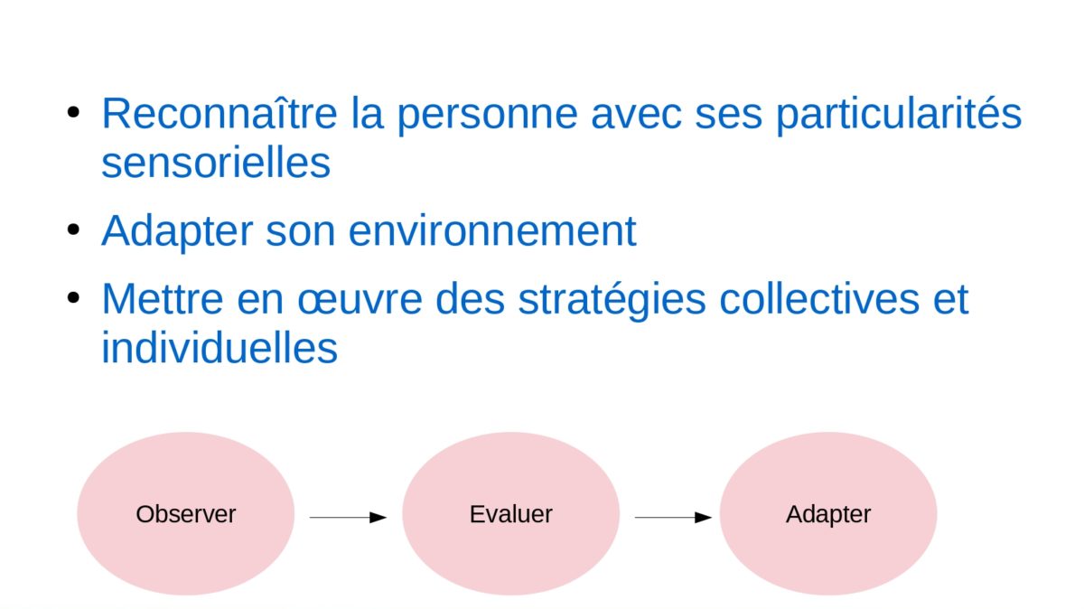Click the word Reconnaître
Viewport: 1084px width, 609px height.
(x=220, y=113)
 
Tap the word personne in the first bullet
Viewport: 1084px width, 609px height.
(x=487, y=117)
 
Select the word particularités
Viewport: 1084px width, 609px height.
(x=899, y=114)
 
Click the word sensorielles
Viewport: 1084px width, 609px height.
(x=216, y=163)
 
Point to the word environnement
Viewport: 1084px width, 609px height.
(x=492, y=231)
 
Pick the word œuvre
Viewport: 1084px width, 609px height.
(x=360, y=300)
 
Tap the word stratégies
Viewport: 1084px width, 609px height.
(x=612, y=301)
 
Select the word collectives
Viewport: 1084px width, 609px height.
(x=819, y=299)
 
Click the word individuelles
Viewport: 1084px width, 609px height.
(x=220, y=348)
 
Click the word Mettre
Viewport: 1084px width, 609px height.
(x=163, y=299)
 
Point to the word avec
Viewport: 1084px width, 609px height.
(x=636, y=117)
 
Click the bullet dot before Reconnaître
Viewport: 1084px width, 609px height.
(x=73, y=112)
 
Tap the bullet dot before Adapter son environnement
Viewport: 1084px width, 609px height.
(x=73, y=230)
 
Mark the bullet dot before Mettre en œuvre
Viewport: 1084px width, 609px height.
(x=73, y=297)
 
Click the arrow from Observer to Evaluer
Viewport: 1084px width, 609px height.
(x=348, y=518)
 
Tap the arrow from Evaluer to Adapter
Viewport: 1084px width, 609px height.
(x=673, y=518)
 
